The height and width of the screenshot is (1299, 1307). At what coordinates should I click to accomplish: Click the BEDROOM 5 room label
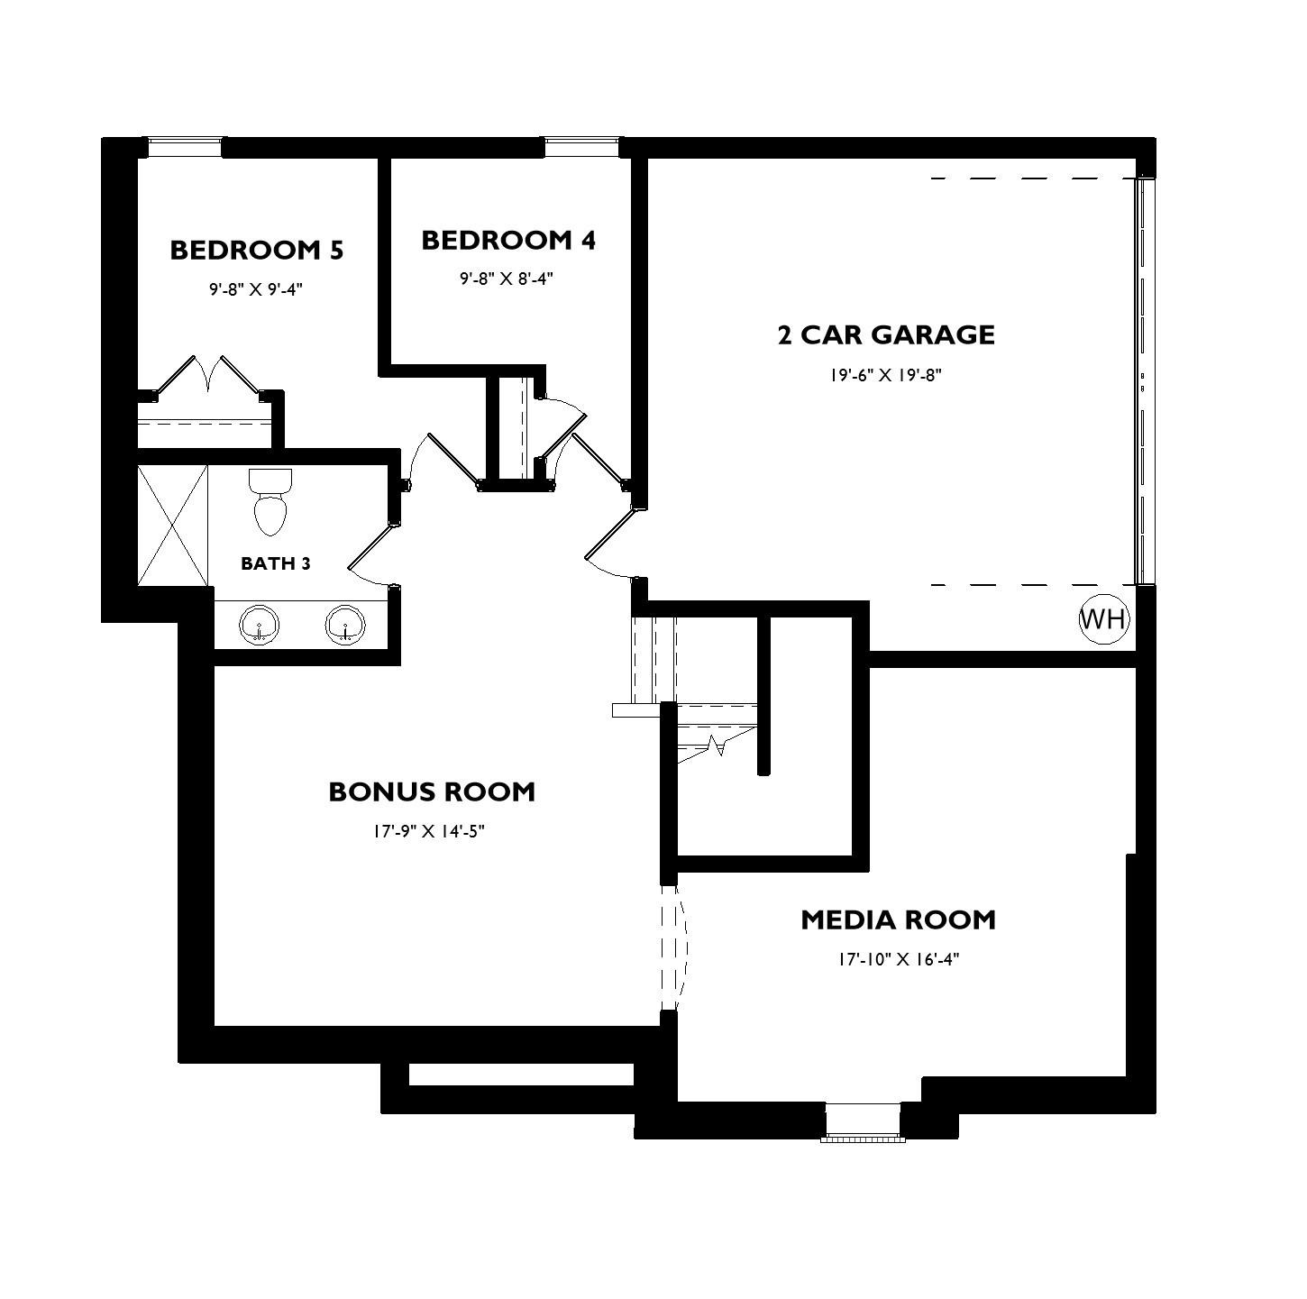(256, 250)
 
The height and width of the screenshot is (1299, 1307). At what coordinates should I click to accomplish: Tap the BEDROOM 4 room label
(508, 241)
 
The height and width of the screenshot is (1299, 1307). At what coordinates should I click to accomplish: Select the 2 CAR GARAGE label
(885, 334)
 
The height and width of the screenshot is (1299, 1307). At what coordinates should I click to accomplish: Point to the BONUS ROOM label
(431, 791)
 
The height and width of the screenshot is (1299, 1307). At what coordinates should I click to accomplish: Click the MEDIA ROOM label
(898, 920)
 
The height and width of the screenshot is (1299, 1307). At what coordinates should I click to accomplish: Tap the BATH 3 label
(275, 563)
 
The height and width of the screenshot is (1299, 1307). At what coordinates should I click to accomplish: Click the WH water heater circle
(1103, 620)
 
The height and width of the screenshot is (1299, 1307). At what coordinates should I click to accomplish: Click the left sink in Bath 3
(260, 624)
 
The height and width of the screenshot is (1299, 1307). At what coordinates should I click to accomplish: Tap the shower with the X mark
(172, 525)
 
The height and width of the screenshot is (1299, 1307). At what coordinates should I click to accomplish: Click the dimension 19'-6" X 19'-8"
(885, 375)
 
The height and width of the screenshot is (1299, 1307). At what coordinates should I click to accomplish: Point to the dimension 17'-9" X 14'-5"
(429, 831)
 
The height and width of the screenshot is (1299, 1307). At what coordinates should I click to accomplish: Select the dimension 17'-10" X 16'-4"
(898, 960)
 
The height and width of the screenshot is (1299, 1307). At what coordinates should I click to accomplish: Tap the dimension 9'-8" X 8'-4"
(505, 279)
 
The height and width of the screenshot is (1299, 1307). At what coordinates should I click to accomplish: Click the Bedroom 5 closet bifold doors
(208, 377)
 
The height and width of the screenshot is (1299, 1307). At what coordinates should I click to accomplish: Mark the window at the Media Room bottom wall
(864, 1121)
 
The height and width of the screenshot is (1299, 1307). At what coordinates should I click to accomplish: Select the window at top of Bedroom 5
(185, 147)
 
